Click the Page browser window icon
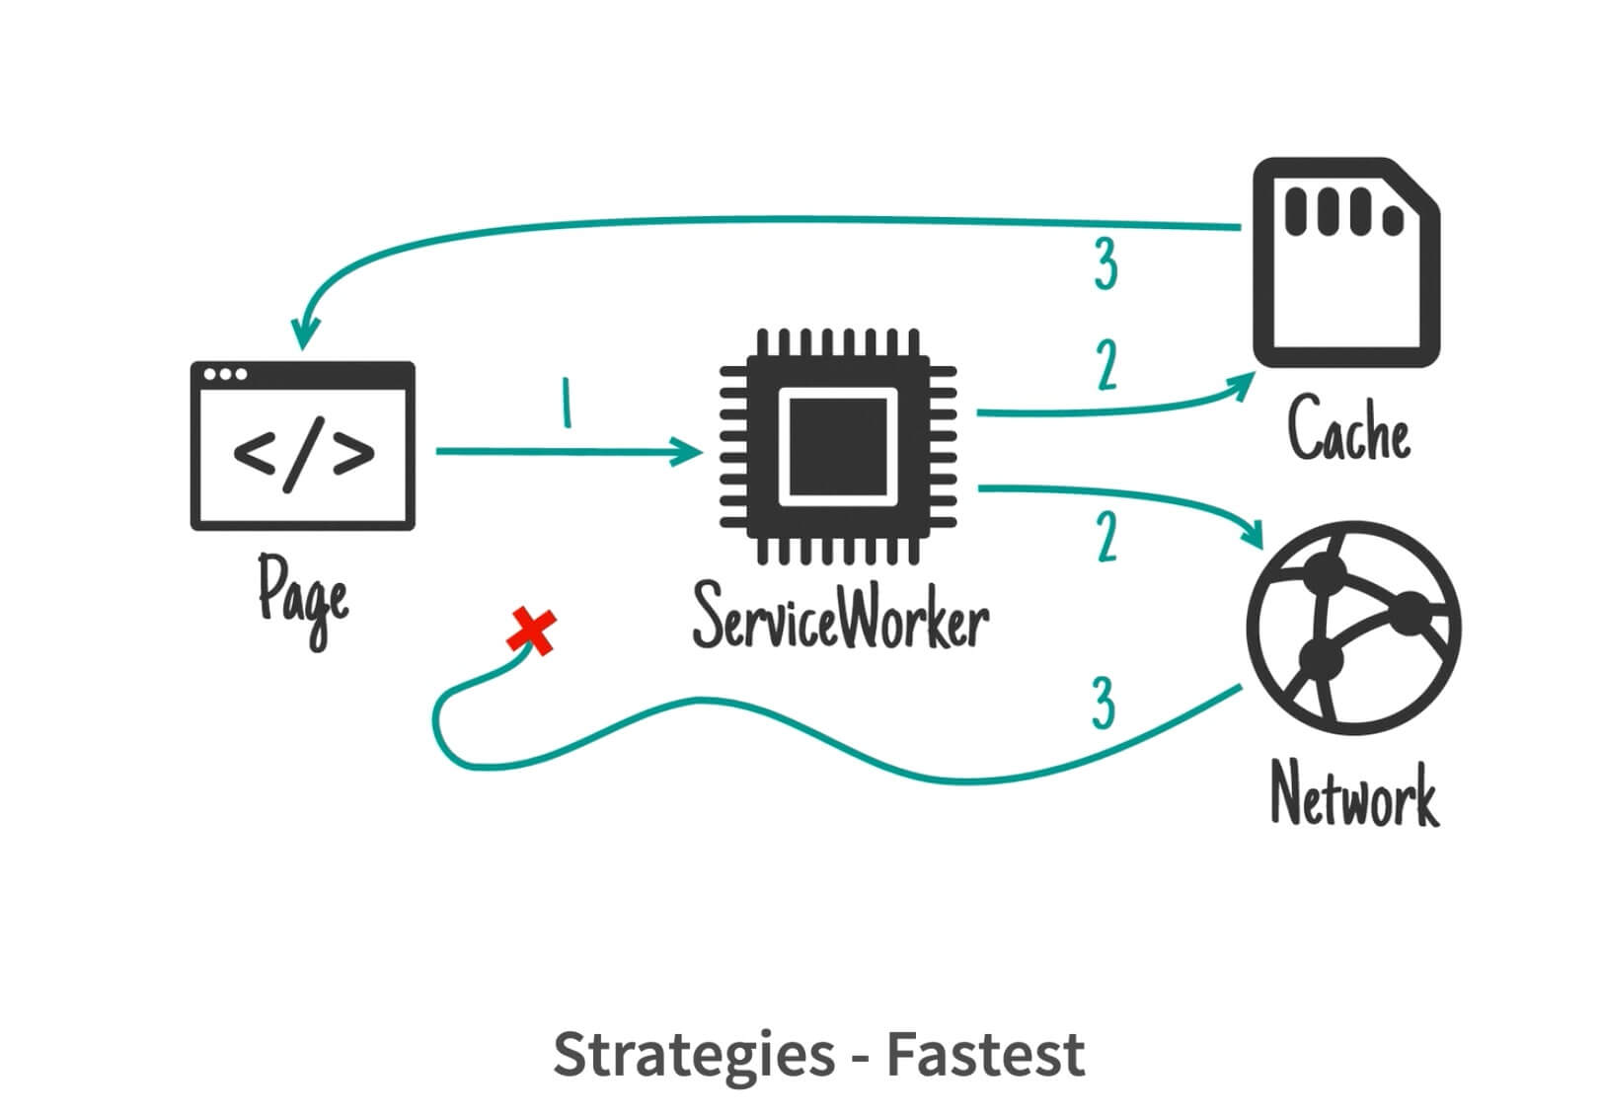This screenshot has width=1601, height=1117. pyautogui.click(x=302, y=446)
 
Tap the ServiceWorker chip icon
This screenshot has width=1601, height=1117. pyautogui.click(x=838, y=447)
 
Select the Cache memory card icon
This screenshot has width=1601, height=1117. pyautogui.click(x=1346, y=262)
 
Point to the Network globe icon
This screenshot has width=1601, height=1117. pyautogui.click(x=1353, y=629)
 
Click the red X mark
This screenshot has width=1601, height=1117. pyautogui.click(x=531, y=632)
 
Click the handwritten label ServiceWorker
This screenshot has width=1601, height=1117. pyautogui.click(x=841, y=616)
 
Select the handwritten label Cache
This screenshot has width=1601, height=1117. pyautogui.click(x=1349, y=427)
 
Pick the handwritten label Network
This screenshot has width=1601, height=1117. pyautogui.click(x=1355, y=794)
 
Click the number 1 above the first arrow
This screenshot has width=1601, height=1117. pyautogui.click(x=567, y=403)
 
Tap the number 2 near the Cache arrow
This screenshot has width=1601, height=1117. pyautogui.click(x=1107, y=365)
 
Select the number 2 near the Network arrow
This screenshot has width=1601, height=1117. pyautogui.click(x=1107, y=537)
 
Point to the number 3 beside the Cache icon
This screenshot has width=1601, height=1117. pyautogui.click(x=1105, y=263)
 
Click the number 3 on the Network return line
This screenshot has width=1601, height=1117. pyautogui.click(x=1104, y=703)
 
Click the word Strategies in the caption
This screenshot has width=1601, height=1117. pyautogui.click(x=694, y=1056)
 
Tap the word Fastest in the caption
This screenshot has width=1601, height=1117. pyautogui.click(x=986, y=1055)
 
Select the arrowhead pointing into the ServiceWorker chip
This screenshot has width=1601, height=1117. pyautogui.click(x=686, y=452)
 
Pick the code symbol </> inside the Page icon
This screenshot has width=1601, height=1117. pyautogui.click(x=304, y=454)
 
